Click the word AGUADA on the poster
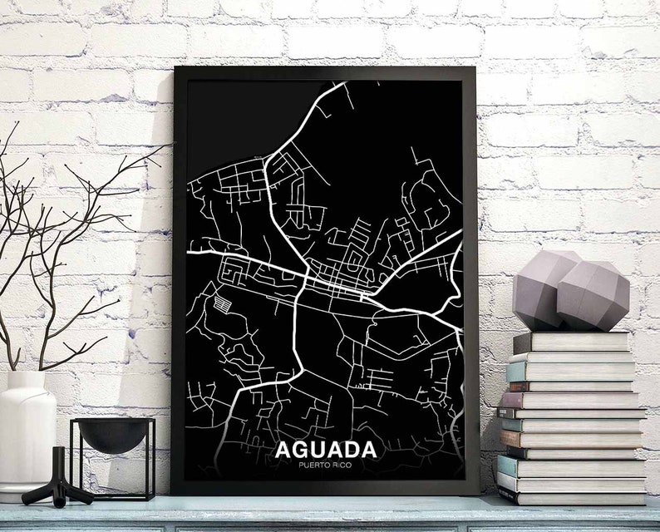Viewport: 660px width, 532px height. pyautogui.click(x=325, y=450)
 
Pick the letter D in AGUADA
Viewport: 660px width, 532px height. pyautogui.click(x=351, y=450)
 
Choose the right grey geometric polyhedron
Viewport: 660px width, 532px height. pyautogui.click(x=593, y=296)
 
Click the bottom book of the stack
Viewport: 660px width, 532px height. pyautogui.click(x=574, y=496)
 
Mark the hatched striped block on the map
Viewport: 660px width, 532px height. pyautogui.click(x=223, y=304)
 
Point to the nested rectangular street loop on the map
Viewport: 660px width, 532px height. pyautogui.click(x=234, y=272)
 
